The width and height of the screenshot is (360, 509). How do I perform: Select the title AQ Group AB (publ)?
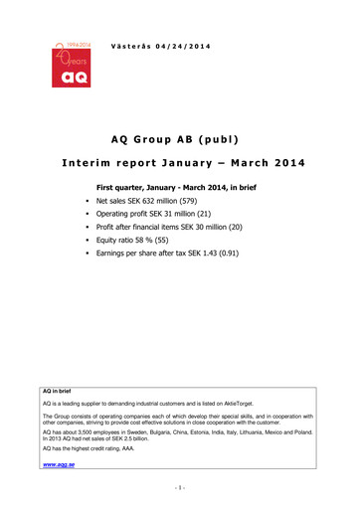tap(179, 140)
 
